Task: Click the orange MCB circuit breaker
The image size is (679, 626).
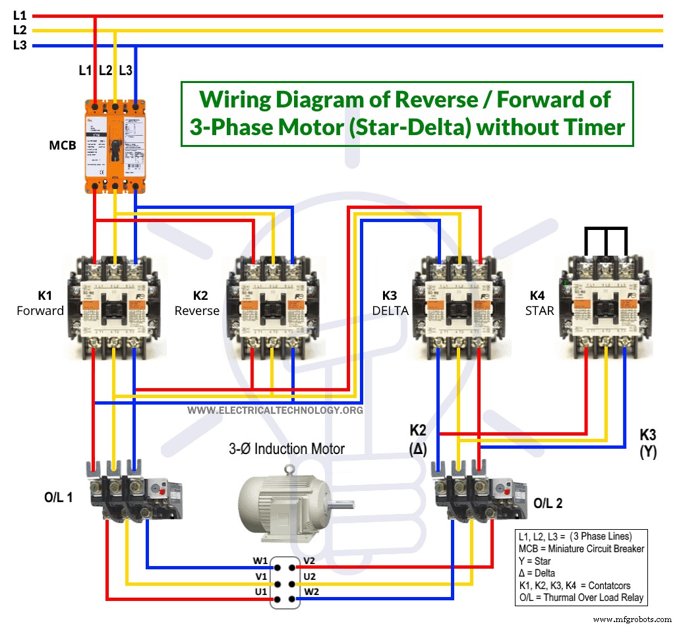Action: coord(115,146)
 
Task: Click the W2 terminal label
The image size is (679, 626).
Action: coord(311,591)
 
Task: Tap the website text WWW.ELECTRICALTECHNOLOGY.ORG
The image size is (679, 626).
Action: coord(275,411)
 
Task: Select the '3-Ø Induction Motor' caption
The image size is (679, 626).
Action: coord(287,449)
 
